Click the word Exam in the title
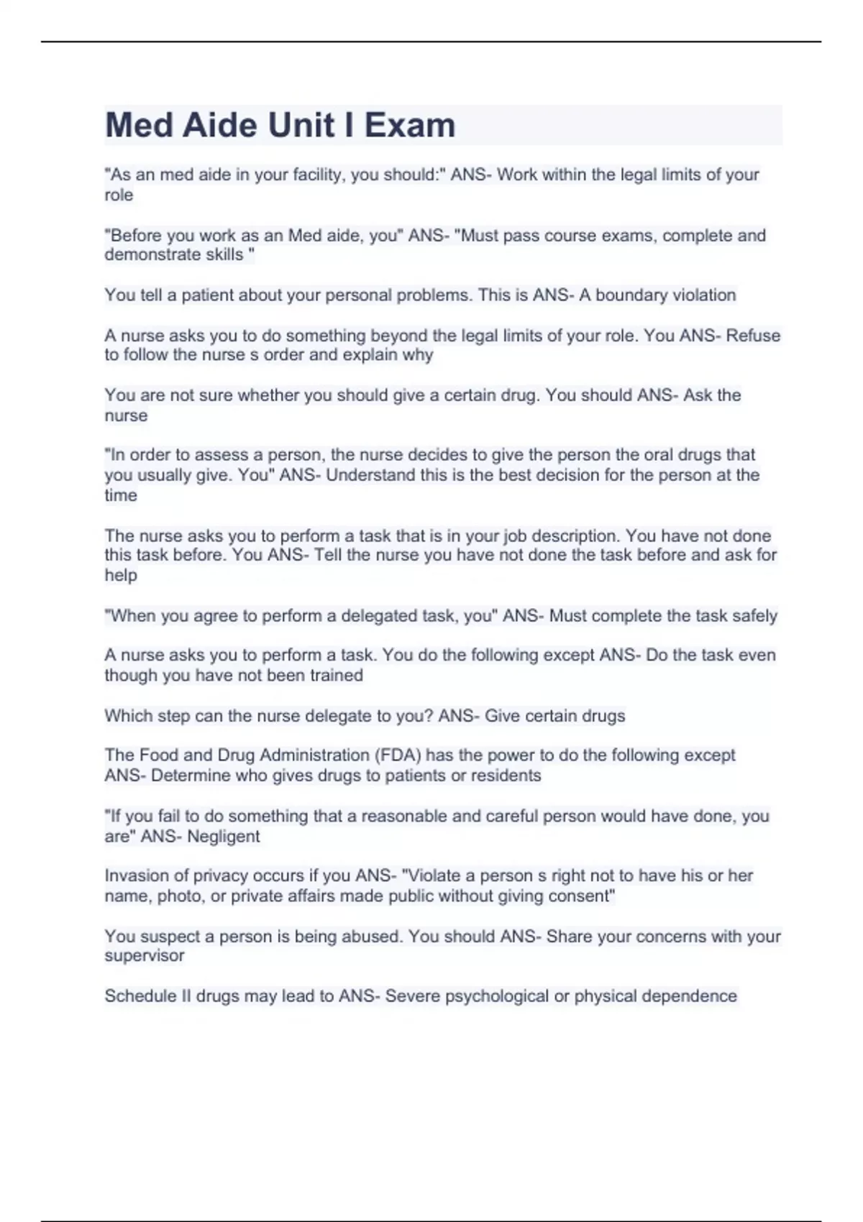[x=409, y=125]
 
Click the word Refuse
[x=752, y=336]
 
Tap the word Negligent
[x=224, y=837]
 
